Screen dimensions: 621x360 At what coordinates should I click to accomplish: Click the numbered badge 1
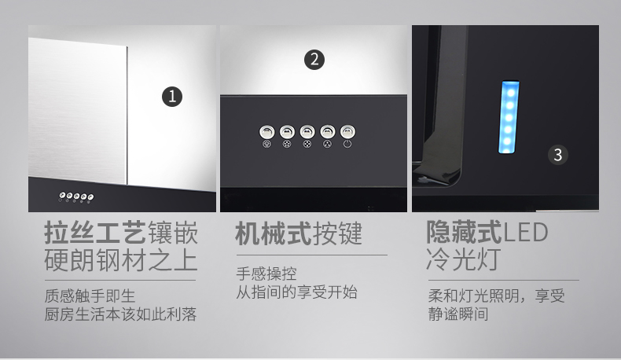[172, 97]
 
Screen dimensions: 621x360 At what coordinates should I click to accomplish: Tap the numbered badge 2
[314, 60]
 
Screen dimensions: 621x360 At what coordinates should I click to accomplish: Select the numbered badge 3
[557, 155]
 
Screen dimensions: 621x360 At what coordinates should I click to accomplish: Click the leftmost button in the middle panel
[267, 132]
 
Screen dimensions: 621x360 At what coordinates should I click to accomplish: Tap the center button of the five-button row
[307, 132]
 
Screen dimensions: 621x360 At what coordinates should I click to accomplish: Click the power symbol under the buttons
[347, 144]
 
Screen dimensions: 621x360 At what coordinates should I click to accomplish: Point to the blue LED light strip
[509, 117]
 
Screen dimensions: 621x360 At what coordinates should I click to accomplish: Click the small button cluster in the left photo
[76, 196]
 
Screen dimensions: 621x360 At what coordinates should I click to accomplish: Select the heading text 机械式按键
[299, 233]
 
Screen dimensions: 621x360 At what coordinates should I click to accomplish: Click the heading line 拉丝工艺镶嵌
[121, 233]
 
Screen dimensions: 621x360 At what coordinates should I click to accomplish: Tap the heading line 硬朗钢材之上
[121, 260]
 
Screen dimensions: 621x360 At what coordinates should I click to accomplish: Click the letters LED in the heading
[525, 233]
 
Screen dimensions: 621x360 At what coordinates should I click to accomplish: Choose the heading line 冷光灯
[464, 259]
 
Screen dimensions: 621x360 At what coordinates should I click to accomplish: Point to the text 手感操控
[266, 274]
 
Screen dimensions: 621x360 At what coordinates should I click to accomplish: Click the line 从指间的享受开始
[296, 292]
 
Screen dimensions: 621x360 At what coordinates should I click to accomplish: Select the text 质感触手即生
[90, 296]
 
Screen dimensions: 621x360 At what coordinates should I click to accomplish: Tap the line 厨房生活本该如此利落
[120, 314]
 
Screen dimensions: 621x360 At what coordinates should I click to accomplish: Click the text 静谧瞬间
[458, 314]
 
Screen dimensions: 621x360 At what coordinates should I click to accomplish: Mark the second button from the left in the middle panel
[287, 132]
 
